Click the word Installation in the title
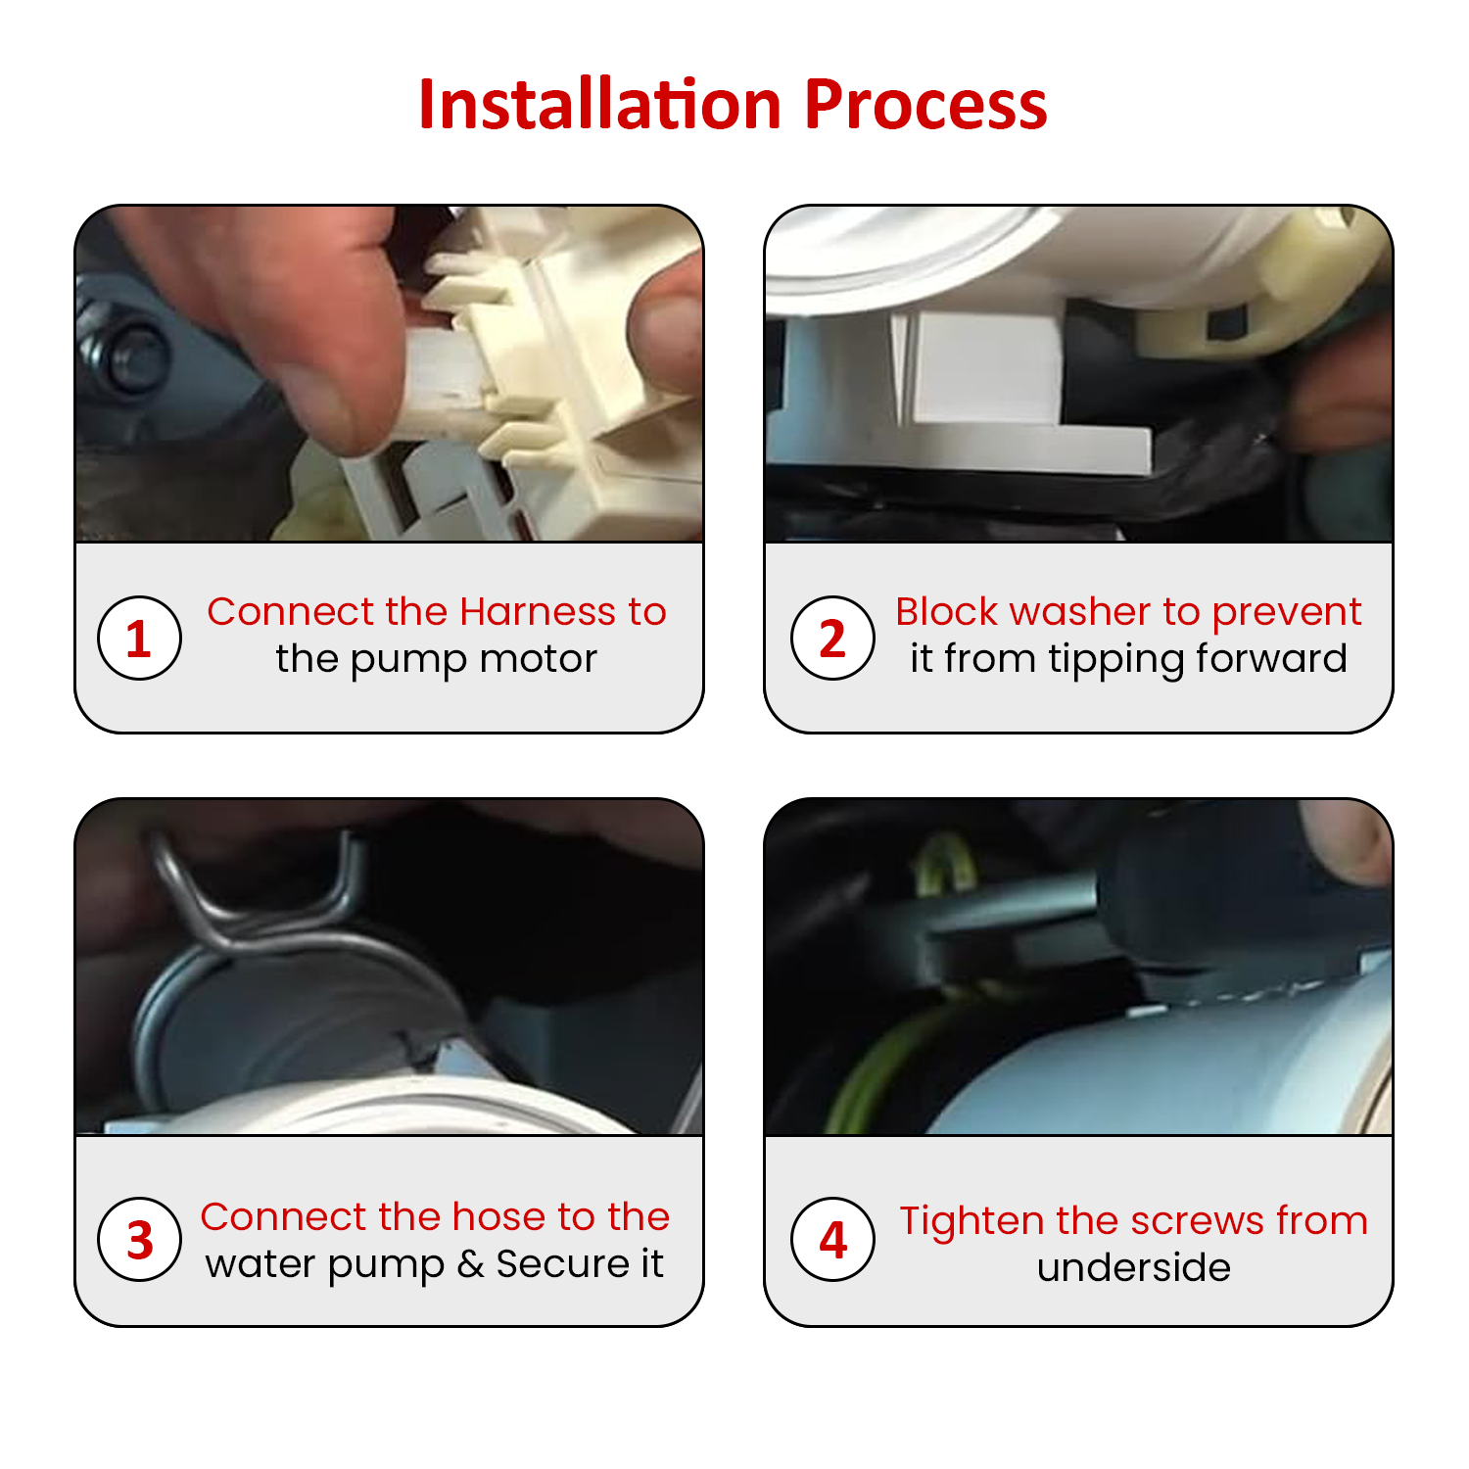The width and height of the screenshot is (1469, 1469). pos(599,104)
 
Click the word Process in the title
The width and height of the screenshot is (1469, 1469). pos(925,104)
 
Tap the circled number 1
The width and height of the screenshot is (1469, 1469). pos(139,638)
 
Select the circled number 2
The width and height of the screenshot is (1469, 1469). pos(832,638)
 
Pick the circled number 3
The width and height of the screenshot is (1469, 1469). pos(139,1239)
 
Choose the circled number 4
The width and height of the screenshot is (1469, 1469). pos(832,1239)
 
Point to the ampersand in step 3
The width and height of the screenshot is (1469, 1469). pos(470,1264)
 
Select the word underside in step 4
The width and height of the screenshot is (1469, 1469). pos(1134,1268)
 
